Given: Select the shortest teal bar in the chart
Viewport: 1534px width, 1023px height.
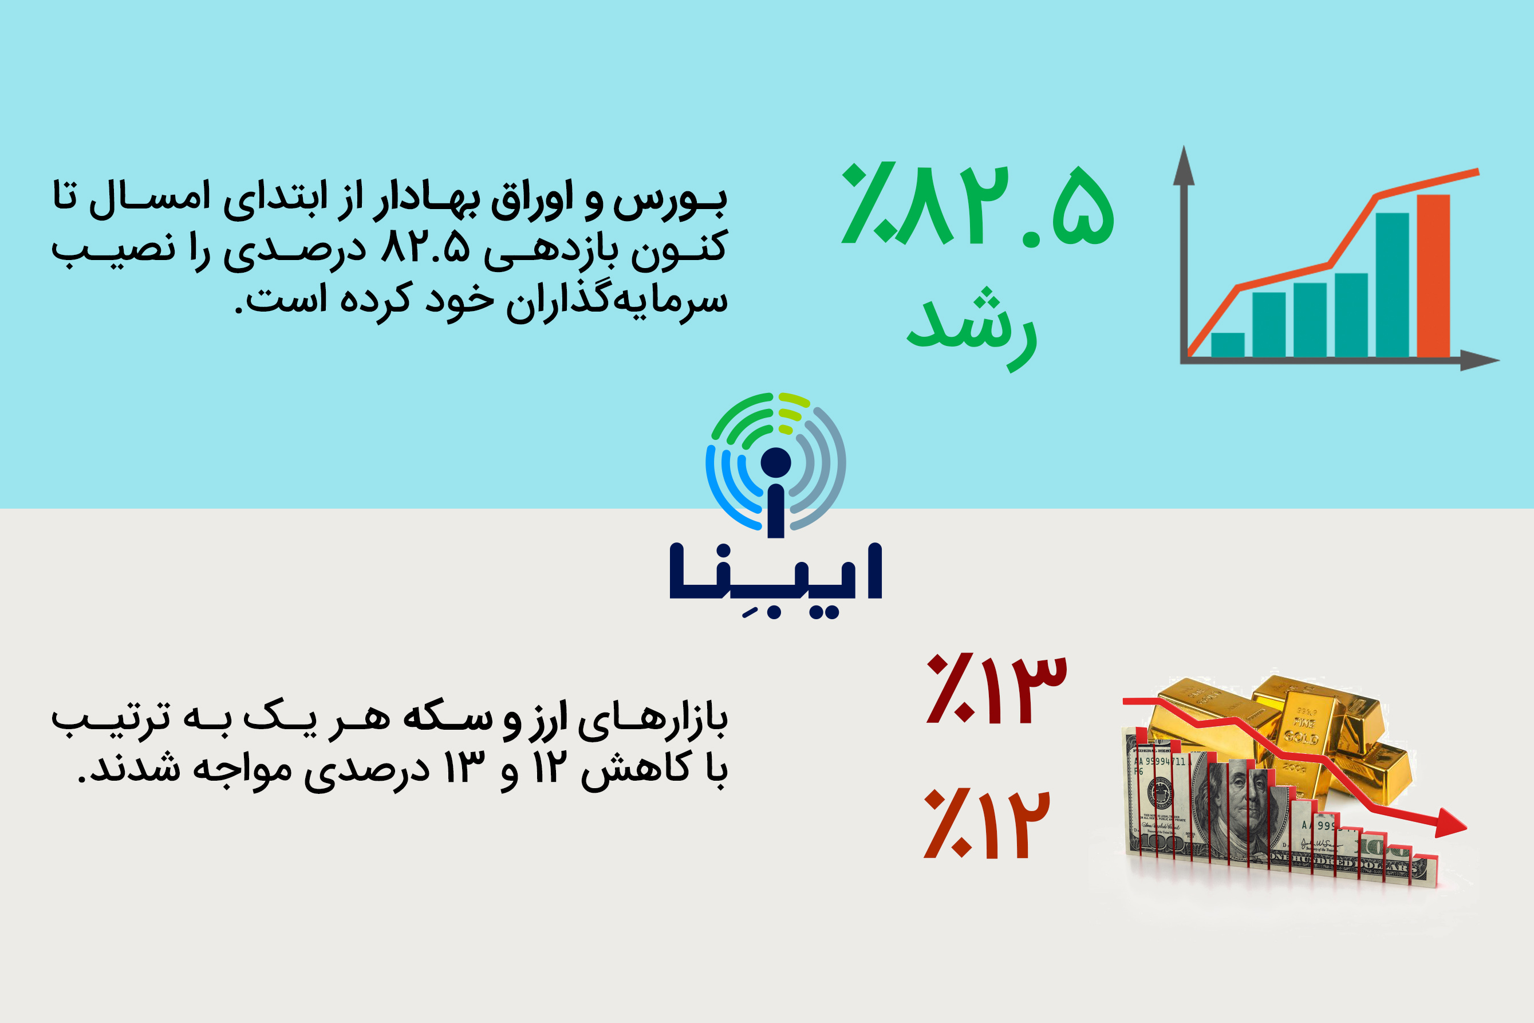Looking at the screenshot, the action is pyautogui.click(x=1228, y=345).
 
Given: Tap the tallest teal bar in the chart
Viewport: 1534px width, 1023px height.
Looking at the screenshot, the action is pyautogui.click(x=1392, y=285).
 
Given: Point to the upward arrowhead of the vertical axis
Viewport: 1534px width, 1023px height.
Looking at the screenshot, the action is pyautogui.click(x=1184, y=165).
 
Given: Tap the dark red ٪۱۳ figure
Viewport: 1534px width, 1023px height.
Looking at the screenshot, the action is pyautogui.click(x=996, y=689).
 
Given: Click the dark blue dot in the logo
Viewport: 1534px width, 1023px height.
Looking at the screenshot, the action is pyautogui.click(x=775, y=463).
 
